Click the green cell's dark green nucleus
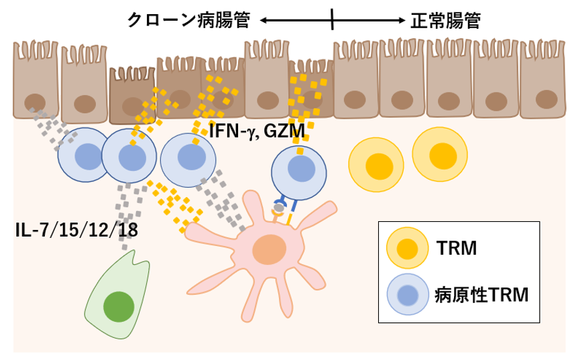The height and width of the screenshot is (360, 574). coord(118,306)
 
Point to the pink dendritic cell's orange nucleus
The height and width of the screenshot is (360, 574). coord(269,249)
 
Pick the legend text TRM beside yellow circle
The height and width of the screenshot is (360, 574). coord(458,249)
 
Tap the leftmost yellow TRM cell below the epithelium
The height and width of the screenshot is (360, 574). coord(378,162)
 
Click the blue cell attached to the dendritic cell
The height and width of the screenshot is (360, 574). coord(300,172)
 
